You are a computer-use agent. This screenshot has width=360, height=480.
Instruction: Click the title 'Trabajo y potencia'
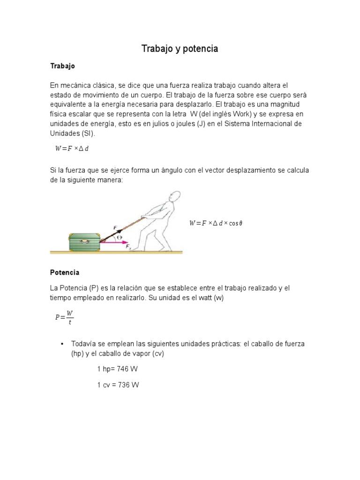point(180,49)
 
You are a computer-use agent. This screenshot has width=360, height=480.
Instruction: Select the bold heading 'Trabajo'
point(62,66)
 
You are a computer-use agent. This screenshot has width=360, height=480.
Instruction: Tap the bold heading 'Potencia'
point(65,272)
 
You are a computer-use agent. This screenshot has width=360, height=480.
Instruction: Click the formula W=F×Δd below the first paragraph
point(75,149)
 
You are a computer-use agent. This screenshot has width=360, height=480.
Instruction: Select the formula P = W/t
point(64,317)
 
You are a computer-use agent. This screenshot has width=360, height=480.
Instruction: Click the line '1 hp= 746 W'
point(117,369)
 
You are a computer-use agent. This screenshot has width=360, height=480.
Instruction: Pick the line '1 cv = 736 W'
point(118,385)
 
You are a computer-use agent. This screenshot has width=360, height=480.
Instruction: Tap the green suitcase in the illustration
point(85,242)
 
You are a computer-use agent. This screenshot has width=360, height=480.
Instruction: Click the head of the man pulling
point(174,197)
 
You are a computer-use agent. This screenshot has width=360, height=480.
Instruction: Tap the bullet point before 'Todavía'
point(62,344)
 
